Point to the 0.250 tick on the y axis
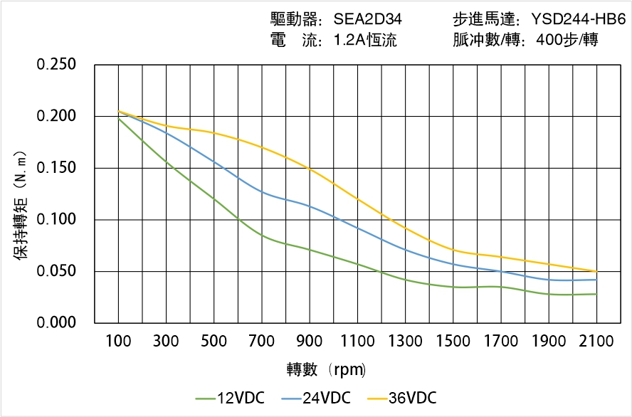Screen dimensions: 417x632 coord(56,65)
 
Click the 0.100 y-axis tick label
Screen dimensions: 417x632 coord(56,219)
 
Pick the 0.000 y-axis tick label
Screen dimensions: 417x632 coord(56,322)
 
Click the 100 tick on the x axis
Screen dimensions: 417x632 coord(118,342)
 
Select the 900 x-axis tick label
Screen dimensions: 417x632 coord(310,342)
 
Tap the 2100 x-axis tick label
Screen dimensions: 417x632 coord(596,342)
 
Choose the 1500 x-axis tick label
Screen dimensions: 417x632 coord(453,342)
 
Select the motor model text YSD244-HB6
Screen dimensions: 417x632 coord(578,20)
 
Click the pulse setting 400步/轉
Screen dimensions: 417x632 coord(567,41)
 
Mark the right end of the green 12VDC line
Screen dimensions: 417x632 coord(596,294)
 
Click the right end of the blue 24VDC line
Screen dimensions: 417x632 coord(596,280)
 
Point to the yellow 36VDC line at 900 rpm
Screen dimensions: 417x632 coord(310,169)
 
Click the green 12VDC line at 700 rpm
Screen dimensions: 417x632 coord(262,236)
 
